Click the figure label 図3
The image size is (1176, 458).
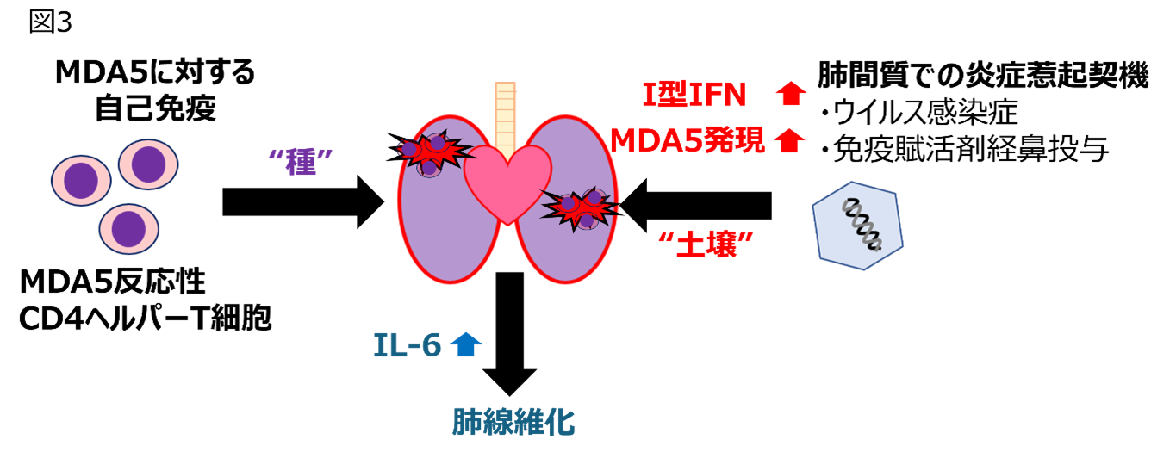pyautogui.click(x=50, y=22)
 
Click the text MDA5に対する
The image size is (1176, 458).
pyautogui.click(x=155, y=73)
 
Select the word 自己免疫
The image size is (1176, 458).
pyautogui.click(x=155, y=109)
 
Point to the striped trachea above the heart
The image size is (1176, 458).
pyautogui.click(x=506, y=111)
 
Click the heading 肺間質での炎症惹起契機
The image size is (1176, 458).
pyautogui.click(x=982, y=76)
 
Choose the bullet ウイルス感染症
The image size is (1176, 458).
pyautogui.click(x=931, y=113)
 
